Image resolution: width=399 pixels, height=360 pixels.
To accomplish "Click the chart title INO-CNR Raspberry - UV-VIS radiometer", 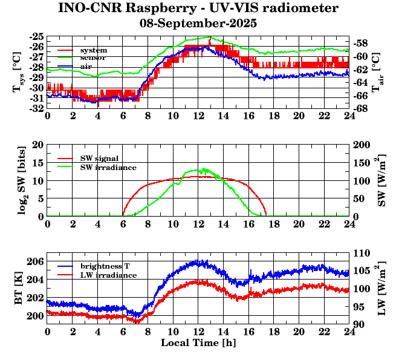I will pos(198,8).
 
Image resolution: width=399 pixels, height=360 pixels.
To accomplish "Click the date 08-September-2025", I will pos(198,24).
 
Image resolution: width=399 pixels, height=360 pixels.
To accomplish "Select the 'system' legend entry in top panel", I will pos(94,50).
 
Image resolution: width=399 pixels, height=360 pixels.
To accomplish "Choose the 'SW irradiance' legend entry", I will pos(108,167).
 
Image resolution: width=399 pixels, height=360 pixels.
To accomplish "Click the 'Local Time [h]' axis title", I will pos(198,343).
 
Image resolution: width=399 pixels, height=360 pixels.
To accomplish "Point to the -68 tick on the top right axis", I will pos(360,108).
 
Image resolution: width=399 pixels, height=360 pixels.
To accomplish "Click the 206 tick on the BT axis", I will pos(35,261).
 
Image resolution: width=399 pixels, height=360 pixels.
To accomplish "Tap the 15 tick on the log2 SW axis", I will pos(38,163).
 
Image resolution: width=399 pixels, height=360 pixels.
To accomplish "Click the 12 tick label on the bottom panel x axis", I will pos(198,332).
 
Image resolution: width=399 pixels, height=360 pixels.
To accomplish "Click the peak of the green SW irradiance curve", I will pos(203,169).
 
